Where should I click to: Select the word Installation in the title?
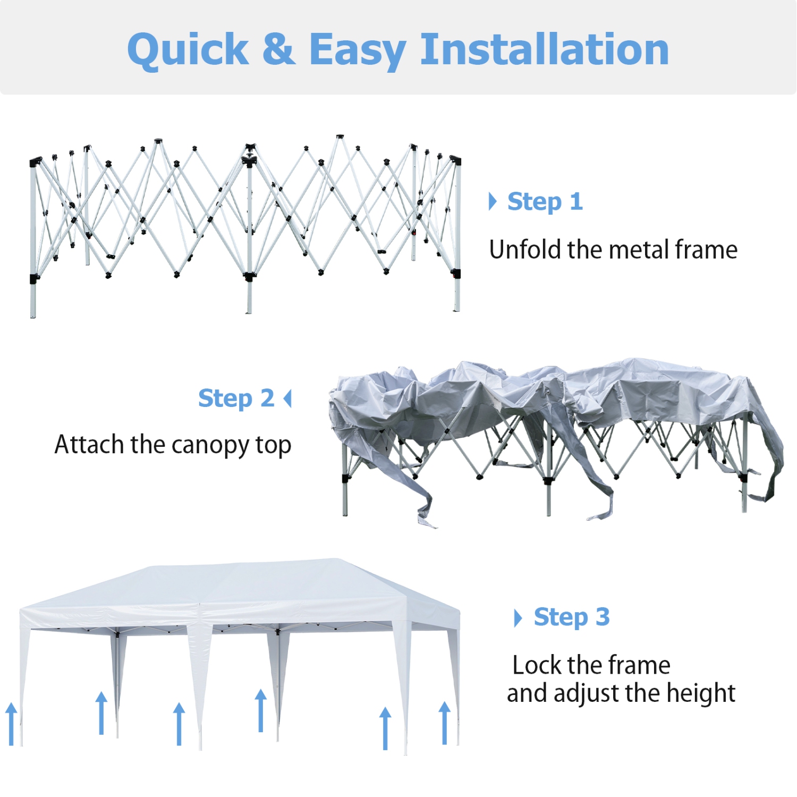(544, 49)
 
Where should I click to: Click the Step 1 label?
(545, 202)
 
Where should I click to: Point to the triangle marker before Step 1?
(493, 201)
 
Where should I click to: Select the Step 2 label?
(236, 398)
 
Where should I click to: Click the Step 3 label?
(571, 617)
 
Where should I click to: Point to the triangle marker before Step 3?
(518, 618)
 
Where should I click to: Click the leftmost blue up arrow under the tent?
(11, 724)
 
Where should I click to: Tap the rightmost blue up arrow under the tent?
(445, 723)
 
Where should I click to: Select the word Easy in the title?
(358, 50)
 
